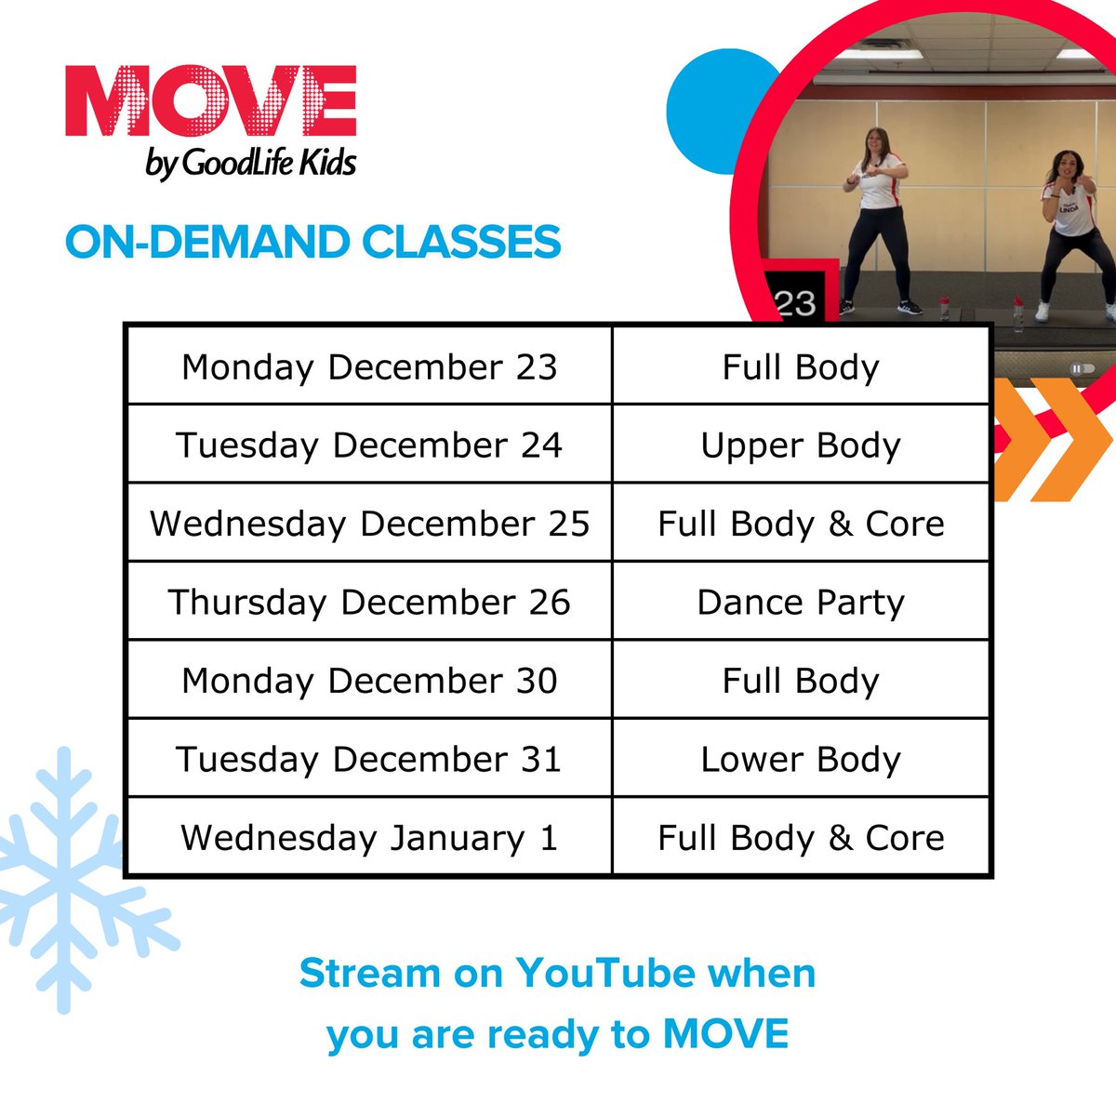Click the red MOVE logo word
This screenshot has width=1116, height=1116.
coord(211,102)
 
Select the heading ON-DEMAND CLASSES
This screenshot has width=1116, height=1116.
coord(313,243)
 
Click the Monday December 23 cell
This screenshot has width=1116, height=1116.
coord(369,366)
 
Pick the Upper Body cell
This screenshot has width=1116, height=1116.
coord(801,445)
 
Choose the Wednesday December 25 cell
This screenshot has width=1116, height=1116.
coord(369,524)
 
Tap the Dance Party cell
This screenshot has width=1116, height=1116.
coord(801,602)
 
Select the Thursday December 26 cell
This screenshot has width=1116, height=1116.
coord(369,602)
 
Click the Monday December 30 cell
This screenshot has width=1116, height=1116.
coord(369,680)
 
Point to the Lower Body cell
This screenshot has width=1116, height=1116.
coord(801,759)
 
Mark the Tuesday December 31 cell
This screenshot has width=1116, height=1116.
coord(369,759)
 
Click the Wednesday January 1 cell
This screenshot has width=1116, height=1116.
coord(369,837)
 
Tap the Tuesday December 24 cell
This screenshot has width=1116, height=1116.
coord(369,445)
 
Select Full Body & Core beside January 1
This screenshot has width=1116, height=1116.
coord(801,837)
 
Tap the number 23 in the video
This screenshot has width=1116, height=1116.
coord(795,302)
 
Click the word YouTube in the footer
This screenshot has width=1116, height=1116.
coord(605,974)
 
